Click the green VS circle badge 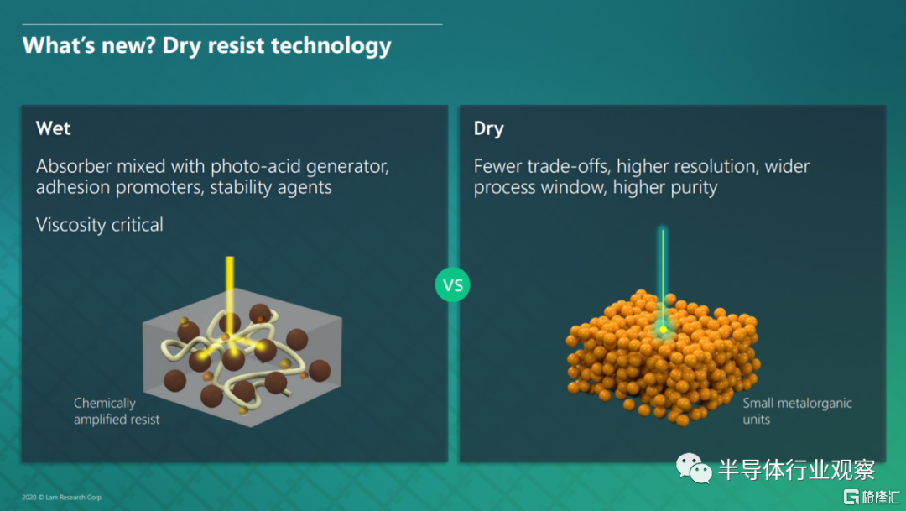point(452,284)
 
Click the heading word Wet point(53,128)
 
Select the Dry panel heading point(488,128)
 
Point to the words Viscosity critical point(99,224)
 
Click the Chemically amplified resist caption point(117,411)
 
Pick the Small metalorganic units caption point(797,411)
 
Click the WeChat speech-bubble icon point(694,468)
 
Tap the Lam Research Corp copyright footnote point(61,497)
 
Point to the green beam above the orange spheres point(663,278)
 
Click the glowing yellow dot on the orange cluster point(664,330)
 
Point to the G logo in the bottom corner point(851,497)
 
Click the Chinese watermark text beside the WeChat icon point(796,469)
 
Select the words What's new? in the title point(89,45)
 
